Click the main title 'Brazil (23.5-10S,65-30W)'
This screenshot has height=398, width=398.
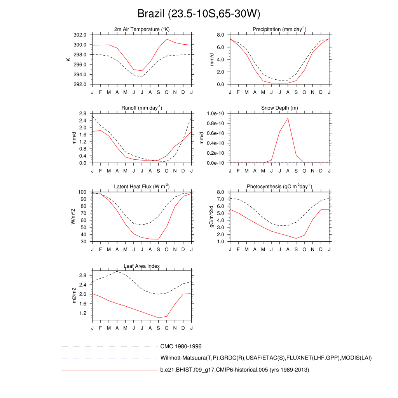coord(199,14)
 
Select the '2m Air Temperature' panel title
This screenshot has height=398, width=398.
coord(142,29)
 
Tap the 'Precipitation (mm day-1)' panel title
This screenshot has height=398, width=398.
coord(279,29)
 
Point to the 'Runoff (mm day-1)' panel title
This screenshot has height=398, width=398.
coord(142,108)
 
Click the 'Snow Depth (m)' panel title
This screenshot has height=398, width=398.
coord(279,108)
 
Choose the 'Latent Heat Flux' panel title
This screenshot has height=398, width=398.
coord(142,187)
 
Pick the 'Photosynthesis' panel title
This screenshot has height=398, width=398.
coord(279,187)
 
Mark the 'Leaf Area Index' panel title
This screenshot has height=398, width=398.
coord(142,266)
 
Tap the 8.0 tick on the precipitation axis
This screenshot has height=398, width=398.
coord(220,35)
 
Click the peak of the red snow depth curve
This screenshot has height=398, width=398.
coord(288,118)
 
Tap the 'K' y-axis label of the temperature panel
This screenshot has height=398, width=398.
coord(68,59)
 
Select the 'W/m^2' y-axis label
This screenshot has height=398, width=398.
coord(73,216)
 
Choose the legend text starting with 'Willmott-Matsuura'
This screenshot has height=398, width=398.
coord(266,358)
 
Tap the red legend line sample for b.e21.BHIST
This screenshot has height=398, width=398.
coord(109,370)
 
